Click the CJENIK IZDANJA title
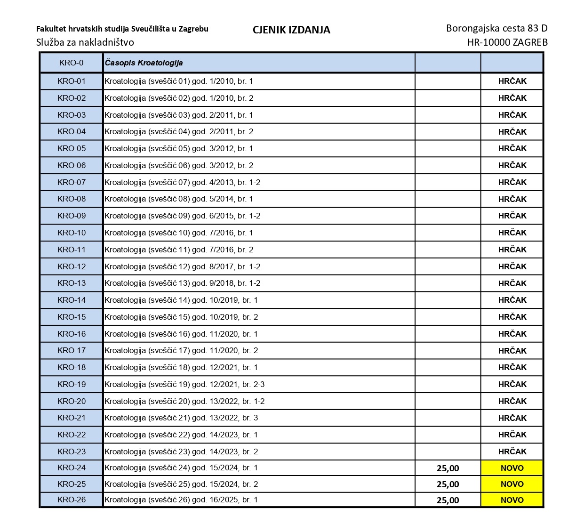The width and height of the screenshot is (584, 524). coord(291,30)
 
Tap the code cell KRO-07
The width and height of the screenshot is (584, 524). coord(72,182)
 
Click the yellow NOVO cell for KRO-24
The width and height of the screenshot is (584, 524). coord(512,468)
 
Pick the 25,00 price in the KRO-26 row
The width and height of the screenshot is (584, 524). coord(448,500)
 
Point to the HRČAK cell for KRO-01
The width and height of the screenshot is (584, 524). coord(512,81)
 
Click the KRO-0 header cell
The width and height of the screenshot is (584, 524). coord(72,63)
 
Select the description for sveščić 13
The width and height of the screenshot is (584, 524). coord(183,283)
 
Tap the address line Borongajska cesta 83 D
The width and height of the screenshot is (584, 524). coord(496,28)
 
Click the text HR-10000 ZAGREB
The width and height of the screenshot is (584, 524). coord(507,42)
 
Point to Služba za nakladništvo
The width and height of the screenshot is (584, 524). coord(85,42)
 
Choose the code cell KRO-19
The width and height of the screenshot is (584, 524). coord(72,384)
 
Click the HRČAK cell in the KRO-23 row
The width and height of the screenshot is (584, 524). coord(512,451)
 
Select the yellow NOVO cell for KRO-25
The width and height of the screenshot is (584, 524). coord(512,484)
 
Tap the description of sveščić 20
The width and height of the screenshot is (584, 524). coord(184,401)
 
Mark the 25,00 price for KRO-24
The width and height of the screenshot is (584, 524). coord(448,468)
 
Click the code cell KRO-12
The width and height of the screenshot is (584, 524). coord(72,266)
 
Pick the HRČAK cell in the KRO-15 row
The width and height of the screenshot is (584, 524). coord(512,317)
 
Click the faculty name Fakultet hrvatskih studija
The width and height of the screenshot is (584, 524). coord(122,29)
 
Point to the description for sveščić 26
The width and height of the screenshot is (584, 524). coord(181,500)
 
